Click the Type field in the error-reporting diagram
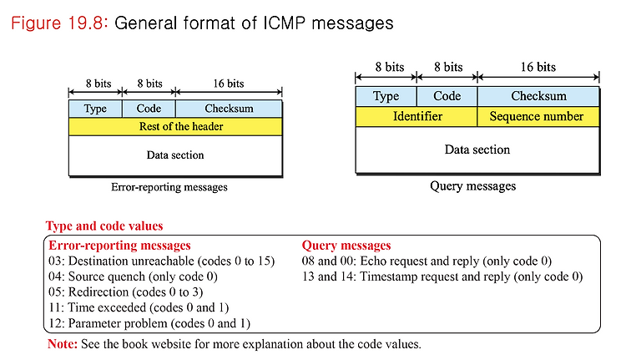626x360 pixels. tap(95, 109)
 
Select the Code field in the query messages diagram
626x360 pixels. tap(447, 96)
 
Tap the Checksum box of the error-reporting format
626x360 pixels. tap(229, 109)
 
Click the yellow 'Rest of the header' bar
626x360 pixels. tap(175, 126)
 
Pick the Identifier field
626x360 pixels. tap(416, 117)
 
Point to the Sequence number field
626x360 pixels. tap(538, 117)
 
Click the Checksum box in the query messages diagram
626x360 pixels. tap(538, 96)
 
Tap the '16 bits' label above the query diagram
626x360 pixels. tap(538, 67)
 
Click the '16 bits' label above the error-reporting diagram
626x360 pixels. tap(229, 84)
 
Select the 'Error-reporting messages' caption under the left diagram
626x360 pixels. tap(169, 187)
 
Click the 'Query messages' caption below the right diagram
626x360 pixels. tap(472, 185)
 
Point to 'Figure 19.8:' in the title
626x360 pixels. tap(59, 23)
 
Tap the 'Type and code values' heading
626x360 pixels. tap(104, 226)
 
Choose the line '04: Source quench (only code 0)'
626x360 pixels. tap(133, 276)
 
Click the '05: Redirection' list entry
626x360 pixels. tap(88, 292)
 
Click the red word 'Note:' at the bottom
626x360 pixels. tap(63, 344)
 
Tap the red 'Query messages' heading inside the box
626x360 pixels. tap(346, 246)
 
